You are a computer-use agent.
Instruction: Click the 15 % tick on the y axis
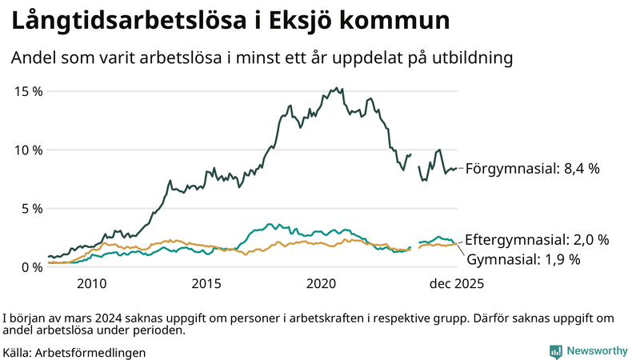click(28, 91)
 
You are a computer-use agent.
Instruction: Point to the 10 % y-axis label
click(28, 150)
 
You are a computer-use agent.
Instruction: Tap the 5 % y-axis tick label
click(31, 209)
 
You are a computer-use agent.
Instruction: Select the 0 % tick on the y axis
click(31, 267)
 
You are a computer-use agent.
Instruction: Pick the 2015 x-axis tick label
click(206, 284)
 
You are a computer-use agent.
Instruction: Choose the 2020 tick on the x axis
click(322, 284)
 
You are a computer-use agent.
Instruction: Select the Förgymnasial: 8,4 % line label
click(532, 169)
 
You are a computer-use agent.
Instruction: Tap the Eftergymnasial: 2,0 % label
click(537, 239)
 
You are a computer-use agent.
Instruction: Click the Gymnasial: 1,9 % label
click(523, 259)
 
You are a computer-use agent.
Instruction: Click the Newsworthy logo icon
click(555, 350)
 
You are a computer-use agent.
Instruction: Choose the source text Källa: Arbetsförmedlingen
click(74, 351)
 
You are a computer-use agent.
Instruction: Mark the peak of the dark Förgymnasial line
click(337, 88)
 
